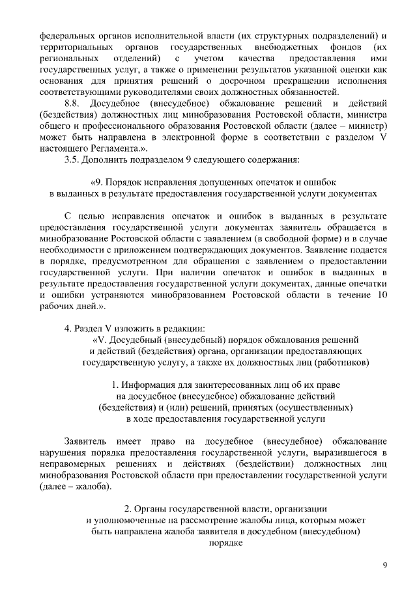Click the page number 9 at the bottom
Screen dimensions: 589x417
pyautogui.click(x=385, y=565)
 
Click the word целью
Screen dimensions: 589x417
pyautogui.click(x=100, y=215)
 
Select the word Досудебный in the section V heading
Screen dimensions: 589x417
pyautogui.click(x=138, y=340)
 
